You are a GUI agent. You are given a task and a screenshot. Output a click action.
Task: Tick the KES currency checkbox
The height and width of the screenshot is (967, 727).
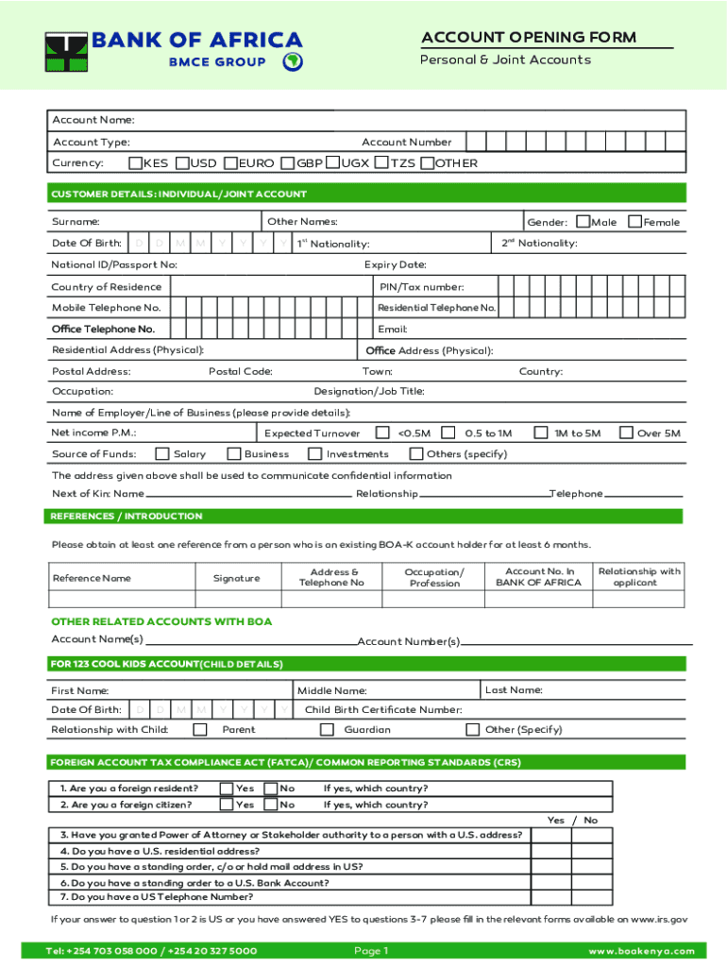pyautogui.click(x=135, y=163)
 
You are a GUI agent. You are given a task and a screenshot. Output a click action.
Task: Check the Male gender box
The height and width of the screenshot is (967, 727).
pyautogui.click(x=583, y=222)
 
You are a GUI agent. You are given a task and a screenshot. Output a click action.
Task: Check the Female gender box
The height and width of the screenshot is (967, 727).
pyautogui.click(x=636, y=222)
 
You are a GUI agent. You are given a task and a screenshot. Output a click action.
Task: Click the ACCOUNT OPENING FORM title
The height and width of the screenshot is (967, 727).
pyautogui.click(x=529, y=38)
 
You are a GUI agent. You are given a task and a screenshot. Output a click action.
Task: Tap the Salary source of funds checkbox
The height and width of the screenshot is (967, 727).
pyautogui.click(x=162, y=454)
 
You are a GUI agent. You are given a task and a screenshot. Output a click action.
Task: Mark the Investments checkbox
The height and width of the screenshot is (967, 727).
pyautogui.click(x=314, y=454)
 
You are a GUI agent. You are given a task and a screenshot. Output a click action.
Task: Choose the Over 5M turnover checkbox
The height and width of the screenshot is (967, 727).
pyautogui.click(x=626, y=433)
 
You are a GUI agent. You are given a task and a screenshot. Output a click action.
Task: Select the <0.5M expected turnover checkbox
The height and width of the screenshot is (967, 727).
pyautogui.click(x=382, y=433)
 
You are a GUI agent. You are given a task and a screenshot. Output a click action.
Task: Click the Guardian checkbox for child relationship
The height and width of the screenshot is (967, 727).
pyautogui.click(x=327, y=730)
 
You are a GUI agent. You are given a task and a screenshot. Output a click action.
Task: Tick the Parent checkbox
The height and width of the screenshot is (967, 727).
pyautogui.click(x=200, y=730)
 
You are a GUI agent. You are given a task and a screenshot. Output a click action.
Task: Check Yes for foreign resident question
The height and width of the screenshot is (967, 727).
pyautogui.click(x=227, y=789)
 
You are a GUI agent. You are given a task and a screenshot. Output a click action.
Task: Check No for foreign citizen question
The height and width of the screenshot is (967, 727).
pyautogui.click(x=271, y=806)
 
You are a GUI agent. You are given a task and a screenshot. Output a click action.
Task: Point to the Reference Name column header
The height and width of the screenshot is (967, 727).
pyautogui.click(x=92, y=578)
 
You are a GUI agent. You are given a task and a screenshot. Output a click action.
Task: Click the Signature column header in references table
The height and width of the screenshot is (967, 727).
pyautogui.click(x=236, y=578)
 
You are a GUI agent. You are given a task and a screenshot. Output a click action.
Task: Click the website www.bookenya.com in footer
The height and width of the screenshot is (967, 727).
pyautogui.click(x=641, y=951)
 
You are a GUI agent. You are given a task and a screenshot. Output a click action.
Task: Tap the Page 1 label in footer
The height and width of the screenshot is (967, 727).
pyautogui.click(x=371, y=951)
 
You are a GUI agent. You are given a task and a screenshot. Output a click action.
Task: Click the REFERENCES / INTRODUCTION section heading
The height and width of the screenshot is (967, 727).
pyautogui.click(x=127, y=517)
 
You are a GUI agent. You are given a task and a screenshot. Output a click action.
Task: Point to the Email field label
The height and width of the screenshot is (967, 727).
pyautogui.click(x=392, y=330)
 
